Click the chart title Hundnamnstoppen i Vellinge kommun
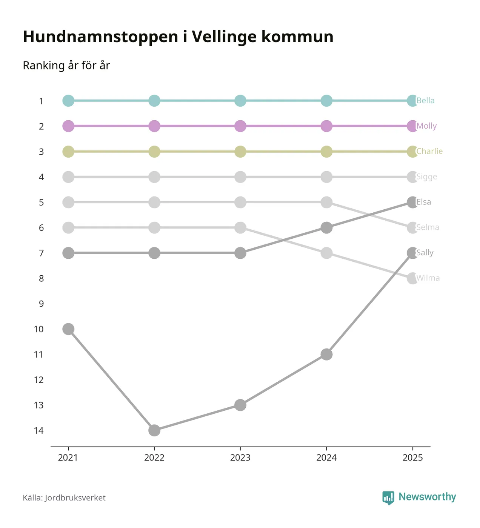[178, 37]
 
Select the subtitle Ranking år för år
[66, 65]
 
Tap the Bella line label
[425, 101]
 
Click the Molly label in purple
[426, 126]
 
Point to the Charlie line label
[429, 151]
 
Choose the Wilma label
[428, 278]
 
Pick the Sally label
[425, 253]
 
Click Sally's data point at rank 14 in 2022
[154, 430]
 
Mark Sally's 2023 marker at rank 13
[240, 405]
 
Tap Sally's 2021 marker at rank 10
[68, 329]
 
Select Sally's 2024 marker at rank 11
[326, 354]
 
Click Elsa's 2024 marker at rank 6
[326, 227]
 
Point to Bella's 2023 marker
[240, 101]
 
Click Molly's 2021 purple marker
[68, 126]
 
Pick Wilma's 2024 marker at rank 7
[326, 253]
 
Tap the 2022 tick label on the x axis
[154, 457]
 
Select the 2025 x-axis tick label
[413, 457]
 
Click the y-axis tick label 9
[41, 304]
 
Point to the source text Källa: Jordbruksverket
[64, 498]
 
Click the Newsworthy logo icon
[388, 498]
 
